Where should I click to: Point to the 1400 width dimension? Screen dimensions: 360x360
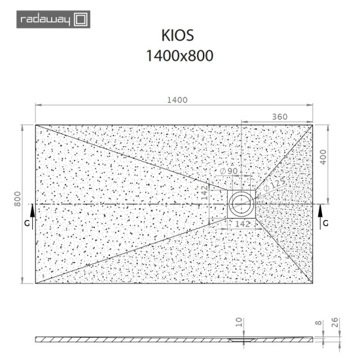click(x=177, y=99)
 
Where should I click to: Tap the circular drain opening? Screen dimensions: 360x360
click(x=243, y=204)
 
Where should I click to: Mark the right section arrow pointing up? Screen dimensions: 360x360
click(x=320, y=211)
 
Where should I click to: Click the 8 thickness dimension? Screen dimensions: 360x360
click(x=318, y=323)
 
